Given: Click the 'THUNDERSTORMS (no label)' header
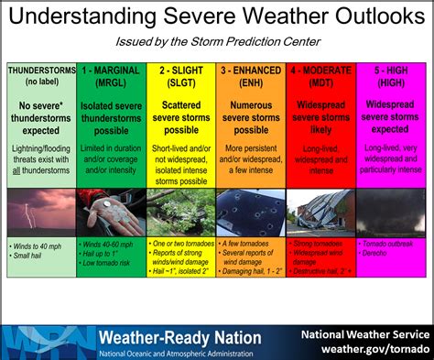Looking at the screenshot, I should point(41,74).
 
